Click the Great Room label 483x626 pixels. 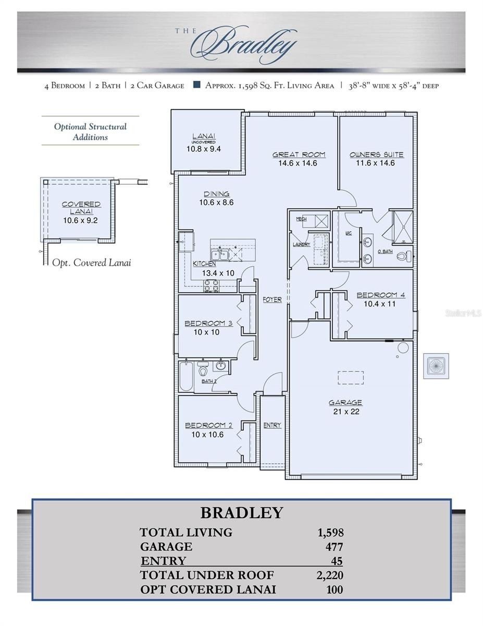coord(299,154)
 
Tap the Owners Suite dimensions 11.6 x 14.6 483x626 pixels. coord(376,163)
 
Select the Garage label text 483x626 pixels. coord(345,403)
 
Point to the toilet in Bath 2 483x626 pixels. coord(204,371)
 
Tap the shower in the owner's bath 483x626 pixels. coord(402,227)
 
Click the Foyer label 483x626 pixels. coord(272,300)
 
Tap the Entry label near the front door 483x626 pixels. coord(272,426)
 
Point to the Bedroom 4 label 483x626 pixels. coord(380,295)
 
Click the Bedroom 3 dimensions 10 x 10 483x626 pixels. coord(206,332)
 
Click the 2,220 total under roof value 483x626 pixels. coord(330,575)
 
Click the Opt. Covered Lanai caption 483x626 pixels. coord(92,263)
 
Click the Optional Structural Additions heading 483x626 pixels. coord(90,132)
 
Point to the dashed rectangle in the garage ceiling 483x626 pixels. coord(350,377)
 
